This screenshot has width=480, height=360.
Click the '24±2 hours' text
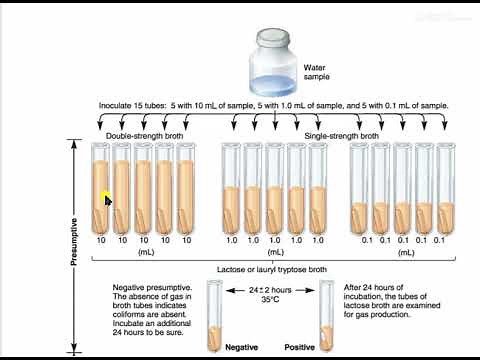coord(271,289)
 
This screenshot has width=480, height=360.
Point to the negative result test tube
coord(214,315)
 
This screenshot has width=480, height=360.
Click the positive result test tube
coord(326,315)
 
